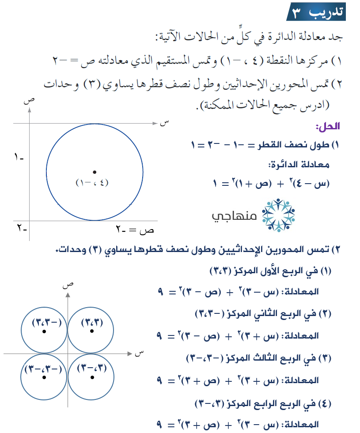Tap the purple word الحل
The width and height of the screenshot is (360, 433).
[x=327, y=127]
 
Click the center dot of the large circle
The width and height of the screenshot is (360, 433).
[x=94, y=172]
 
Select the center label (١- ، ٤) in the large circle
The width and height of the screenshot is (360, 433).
[x=92, y=183]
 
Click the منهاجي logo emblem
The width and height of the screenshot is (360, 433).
[x=278, y=215]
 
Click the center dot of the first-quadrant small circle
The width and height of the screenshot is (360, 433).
[x=92, y=331]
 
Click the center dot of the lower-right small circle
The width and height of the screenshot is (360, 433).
[x=92, y=377]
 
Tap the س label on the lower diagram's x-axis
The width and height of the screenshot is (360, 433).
[x=140, y=352]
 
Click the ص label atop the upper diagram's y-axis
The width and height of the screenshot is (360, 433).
[x=29, y=101]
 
